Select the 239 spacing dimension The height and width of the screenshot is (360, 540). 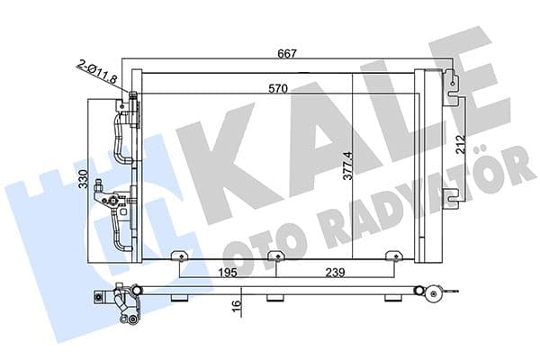coord(335,272)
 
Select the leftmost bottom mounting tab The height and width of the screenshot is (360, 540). coord(182,260)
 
